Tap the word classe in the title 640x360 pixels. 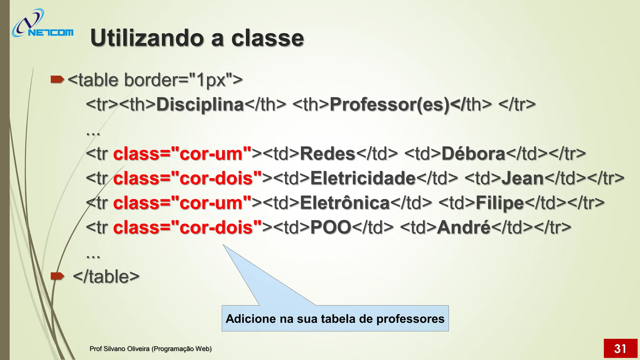267,38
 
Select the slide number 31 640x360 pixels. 620,348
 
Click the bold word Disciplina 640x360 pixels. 200,104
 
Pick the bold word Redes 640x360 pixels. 327,154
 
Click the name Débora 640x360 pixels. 473,154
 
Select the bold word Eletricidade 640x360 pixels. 363,178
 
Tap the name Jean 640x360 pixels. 523,178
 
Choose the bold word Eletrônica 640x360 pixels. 345,203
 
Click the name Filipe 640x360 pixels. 500,203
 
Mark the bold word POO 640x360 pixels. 331,227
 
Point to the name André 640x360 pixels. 464,227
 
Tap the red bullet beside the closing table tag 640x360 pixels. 57,276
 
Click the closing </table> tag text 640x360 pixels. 106,277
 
